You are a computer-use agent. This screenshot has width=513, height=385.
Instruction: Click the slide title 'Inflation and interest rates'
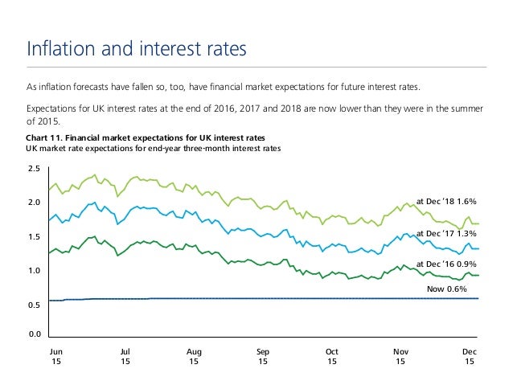[136, 49]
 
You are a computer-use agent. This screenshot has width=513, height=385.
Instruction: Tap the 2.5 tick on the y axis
[34, 169]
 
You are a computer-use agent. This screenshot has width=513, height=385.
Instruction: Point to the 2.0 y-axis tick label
[34, 203]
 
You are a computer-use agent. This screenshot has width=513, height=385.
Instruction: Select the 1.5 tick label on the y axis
[34, 236]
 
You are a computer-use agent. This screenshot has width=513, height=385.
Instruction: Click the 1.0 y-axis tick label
[34, 270]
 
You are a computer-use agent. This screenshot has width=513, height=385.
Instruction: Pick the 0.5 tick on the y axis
[34, 305]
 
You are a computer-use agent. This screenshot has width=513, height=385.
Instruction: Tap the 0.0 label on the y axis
[34, 333]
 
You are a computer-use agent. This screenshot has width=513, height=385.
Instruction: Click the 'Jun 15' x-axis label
[55, 357]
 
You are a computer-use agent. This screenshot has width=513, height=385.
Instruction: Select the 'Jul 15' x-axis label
[125, 357]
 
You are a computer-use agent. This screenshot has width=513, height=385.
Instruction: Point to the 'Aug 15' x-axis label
[194, 357]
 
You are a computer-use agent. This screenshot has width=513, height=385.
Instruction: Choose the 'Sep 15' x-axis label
[263, 357]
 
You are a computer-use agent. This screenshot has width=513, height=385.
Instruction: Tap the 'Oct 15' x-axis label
[332, 357]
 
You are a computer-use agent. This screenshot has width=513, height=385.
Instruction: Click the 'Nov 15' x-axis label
[400, 357]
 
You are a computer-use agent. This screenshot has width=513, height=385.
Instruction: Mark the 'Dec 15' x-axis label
[470, 357]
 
